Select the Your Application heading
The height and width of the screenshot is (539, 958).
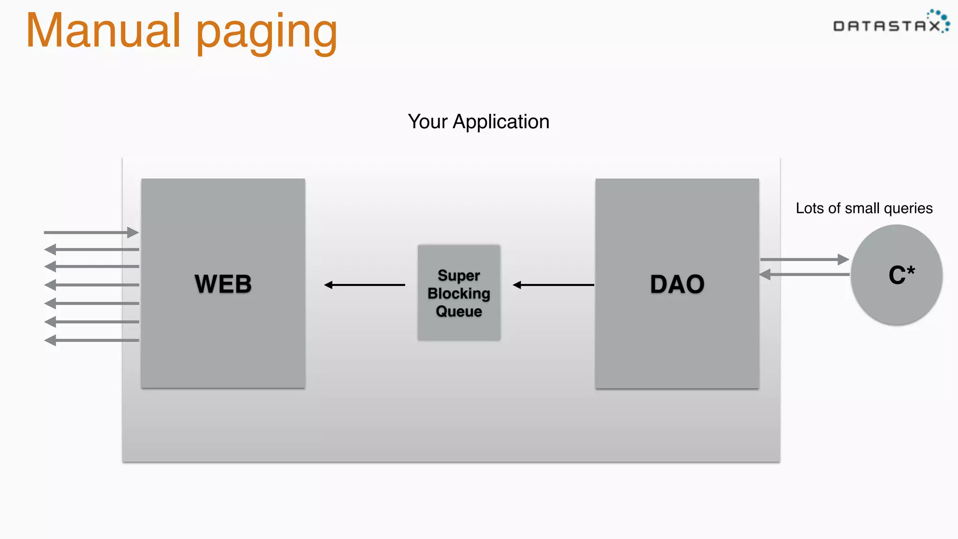(479, 122)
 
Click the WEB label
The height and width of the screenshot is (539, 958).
(223, 284)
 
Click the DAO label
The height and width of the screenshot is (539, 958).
(677, 284)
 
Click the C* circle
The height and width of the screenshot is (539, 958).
(896, 275)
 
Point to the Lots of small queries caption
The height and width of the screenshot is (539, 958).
(864, 208)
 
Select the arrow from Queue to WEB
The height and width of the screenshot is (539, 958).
(364, 284)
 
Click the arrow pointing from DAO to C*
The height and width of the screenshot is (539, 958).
(805, 259)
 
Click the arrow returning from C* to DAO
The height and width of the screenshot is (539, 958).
(805, 275)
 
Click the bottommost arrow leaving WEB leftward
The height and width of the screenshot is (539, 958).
(91, 340)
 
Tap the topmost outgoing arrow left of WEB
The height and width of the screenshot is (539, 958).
(91, 249)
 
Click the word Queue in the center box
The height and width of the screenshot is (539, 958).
(459, 311)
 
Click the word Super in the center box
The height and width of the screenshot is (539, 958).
(459, 275)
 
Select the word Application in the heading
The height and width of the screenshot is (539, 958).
(501, 122)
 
